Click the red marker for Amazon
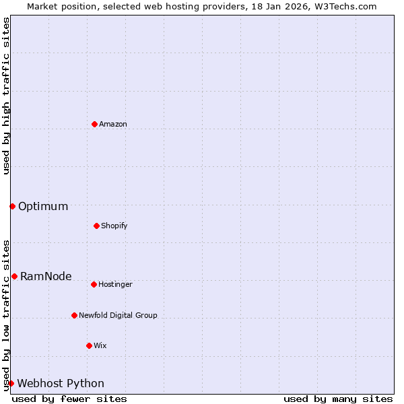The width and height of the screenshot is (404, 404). (94, 124)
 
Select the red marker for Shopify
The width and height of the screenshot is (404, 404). (96, 226)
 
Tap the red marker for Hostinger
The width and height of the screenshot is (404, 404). (94, 284)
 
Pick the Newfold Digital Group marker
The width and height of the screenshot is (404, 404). (74, 315)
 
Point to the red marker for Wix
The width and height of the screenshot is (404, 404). (89, 345)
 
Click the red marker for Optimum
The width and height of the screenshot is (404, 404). (12, 206)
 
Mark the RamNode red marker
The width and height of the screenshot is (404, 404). (14, 276)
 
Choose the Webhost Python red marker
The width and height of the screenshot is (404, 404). (11, 383)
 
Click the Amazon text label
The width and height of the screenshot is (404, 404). (113, 125)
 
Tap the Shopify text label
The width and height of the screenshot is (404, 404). (114, 226)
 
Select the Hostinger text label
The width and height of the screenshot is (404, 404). (116, 285)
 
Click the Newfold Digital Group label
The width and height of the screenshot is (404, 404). (118, 316)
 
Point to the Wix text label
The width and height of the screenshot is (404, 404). (100, 346)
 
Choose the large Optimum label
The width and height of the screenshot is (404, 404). (43, 207)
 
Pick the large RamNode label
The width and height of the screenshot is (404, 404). (46, 277)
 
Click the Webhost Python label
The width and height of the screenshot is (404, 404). (61, 384)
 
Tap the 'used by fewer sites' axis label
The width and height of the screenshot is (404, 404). (69, 399)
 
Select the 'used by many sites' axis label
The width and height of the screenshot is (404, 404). (338, 399)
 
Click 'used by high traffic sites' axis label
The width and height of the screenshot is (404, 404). (6, 96)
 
